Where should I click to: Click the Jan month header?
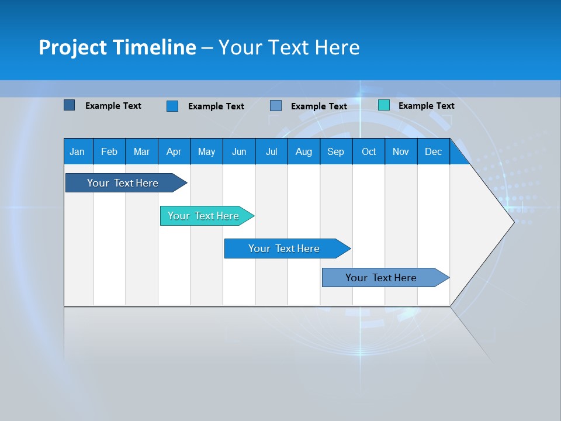(77, 151)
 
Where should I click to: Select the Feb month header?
(109, 151)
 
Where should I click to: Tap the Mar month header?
(141, 151)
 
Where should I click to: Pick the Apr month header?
(174, 151)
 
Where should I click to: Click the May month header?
(206, 151)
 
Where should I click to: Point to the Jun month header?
(239, 151)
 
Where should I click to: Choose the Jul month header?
(271, 151)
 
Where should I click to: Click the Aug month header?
(304, 151)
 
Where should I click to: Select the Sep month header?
(336, 151)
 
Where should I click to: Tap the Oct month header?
(369, 151)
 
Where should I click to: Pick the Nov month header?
(401, 151)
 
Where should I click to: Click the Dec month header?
(434, 151)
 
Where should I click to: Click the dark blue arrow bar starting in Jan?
(123, 183)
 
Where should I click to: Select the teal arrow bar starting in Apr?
(203, 216)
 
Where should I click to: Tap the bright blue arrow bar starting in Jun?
(284, 249)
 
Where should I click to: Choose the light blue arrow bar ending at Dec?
(381, 278)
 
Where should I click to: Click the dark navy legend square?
(69, 105)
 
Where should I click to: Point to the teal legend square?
(383, 105)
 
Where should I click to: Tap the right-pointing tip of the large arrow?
(512, 222)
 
